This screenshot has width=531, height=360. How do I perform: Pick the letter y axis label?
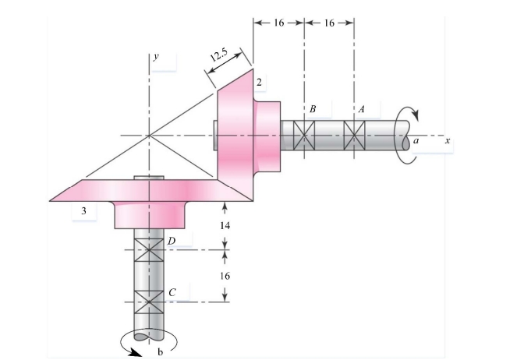(x=157, y=57)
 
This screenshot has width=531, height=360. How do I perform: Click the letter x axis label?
(x=448, y=141)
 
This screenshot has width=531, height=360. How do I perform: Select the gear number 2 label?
(x=259, y=81)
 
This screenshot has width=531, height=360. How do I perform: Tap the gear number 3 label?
(x=83, y=210)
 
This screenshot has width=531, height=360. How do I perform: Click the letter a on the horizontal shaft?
(x=416, y=141)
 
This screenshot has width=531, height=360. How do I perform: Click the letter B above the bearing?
(x=312, y=109)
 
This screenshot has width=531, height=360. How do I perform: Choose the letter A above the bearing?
(x=361, y=109)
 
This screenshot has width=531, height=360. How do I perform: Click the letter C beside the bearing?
(x=172, y=292)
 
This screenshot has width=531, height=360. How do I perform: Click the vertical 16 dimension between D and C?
(x=225, y=276)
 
